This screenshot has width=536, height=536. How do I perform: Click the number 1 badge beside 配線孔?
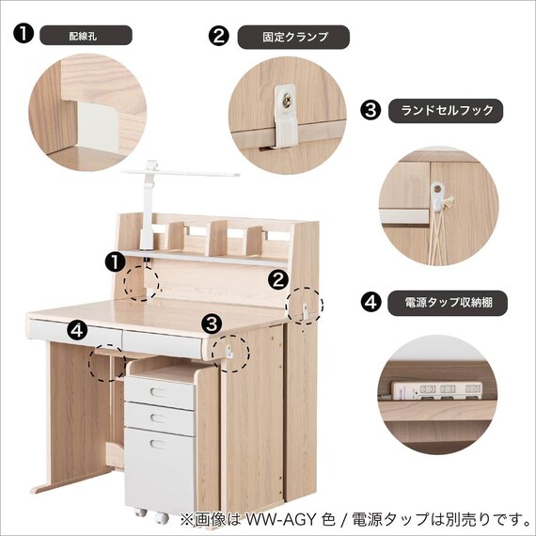24,34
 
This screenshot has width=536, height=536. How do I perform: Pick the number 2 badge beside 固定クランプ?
218,37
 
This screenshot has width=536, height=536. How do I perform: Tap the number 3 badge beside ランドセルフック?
371,110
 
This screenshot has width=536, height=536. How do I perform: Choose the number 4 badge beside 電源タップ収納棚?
371,303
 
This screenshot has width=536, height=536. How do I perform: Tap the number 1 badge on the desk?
114,261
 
